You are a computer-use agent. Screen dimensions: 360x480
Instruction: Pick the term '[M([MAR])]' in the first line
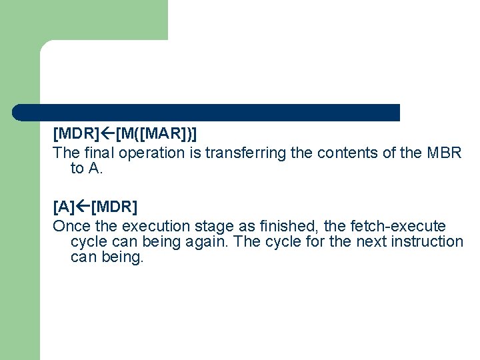[156, 134]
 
